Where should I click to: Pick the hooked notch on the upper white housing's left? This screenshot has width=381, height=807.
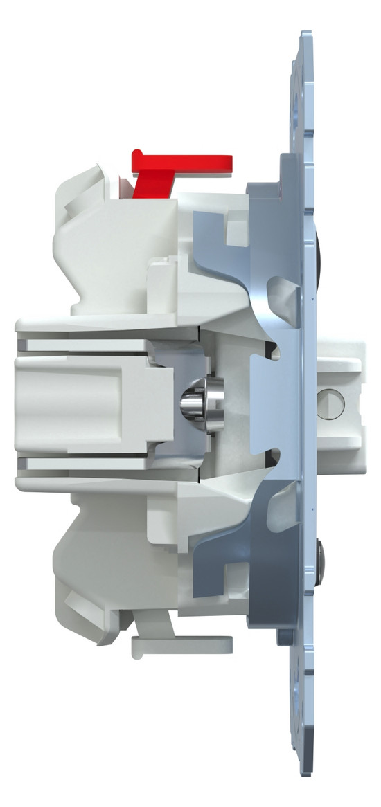coord(76,201)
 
